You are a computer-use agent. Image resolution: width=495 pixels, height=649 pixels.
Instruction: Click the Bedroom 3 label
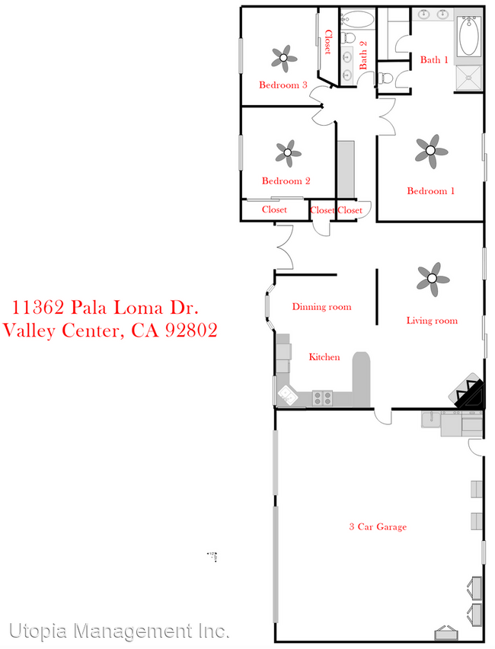coord(283,85)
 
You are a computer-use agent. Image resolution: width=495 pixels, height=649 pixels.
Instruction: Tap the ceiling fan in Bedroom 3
coord(284,56)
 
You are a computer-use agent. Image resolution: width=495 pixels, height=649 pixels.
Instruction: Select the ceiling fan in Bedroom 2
coord(287,152)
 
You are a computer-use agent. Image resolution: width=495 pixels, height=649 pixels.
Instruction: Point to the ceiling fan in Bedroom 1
coord(431,151)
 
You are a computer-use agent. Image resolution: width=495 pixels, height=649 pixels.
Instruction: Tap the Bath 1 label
coord(434,59)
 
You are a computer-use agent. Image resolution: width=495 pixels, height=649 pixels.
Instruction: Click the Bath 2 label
coord(363,55)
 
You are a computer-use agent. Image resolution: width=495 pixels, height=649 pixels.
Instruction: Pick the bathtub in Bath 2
coord(356,18)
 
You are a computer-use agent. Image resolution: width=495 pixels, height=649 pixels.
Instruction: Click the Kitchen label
coord(324,356)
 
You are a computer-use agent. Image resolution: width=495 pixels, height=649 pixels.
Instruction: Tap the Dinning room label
coord(322,307)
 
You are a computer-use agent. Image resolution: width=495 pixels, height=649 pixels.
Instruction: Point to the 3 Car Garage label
coord(378,526)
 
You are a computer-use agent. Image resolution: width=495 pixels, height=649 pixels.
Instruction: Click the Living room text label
coord(432,321)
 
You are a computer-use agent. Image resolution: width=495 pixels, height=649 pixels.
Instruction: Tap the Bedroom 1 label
coord(430,190)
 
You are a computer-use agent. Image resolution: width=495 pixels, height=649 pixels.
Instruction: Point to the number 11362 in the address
coord(38,308)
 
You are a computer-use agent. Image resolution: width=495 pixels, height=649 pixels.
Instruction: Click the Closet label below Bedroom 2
coord(274,209)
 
